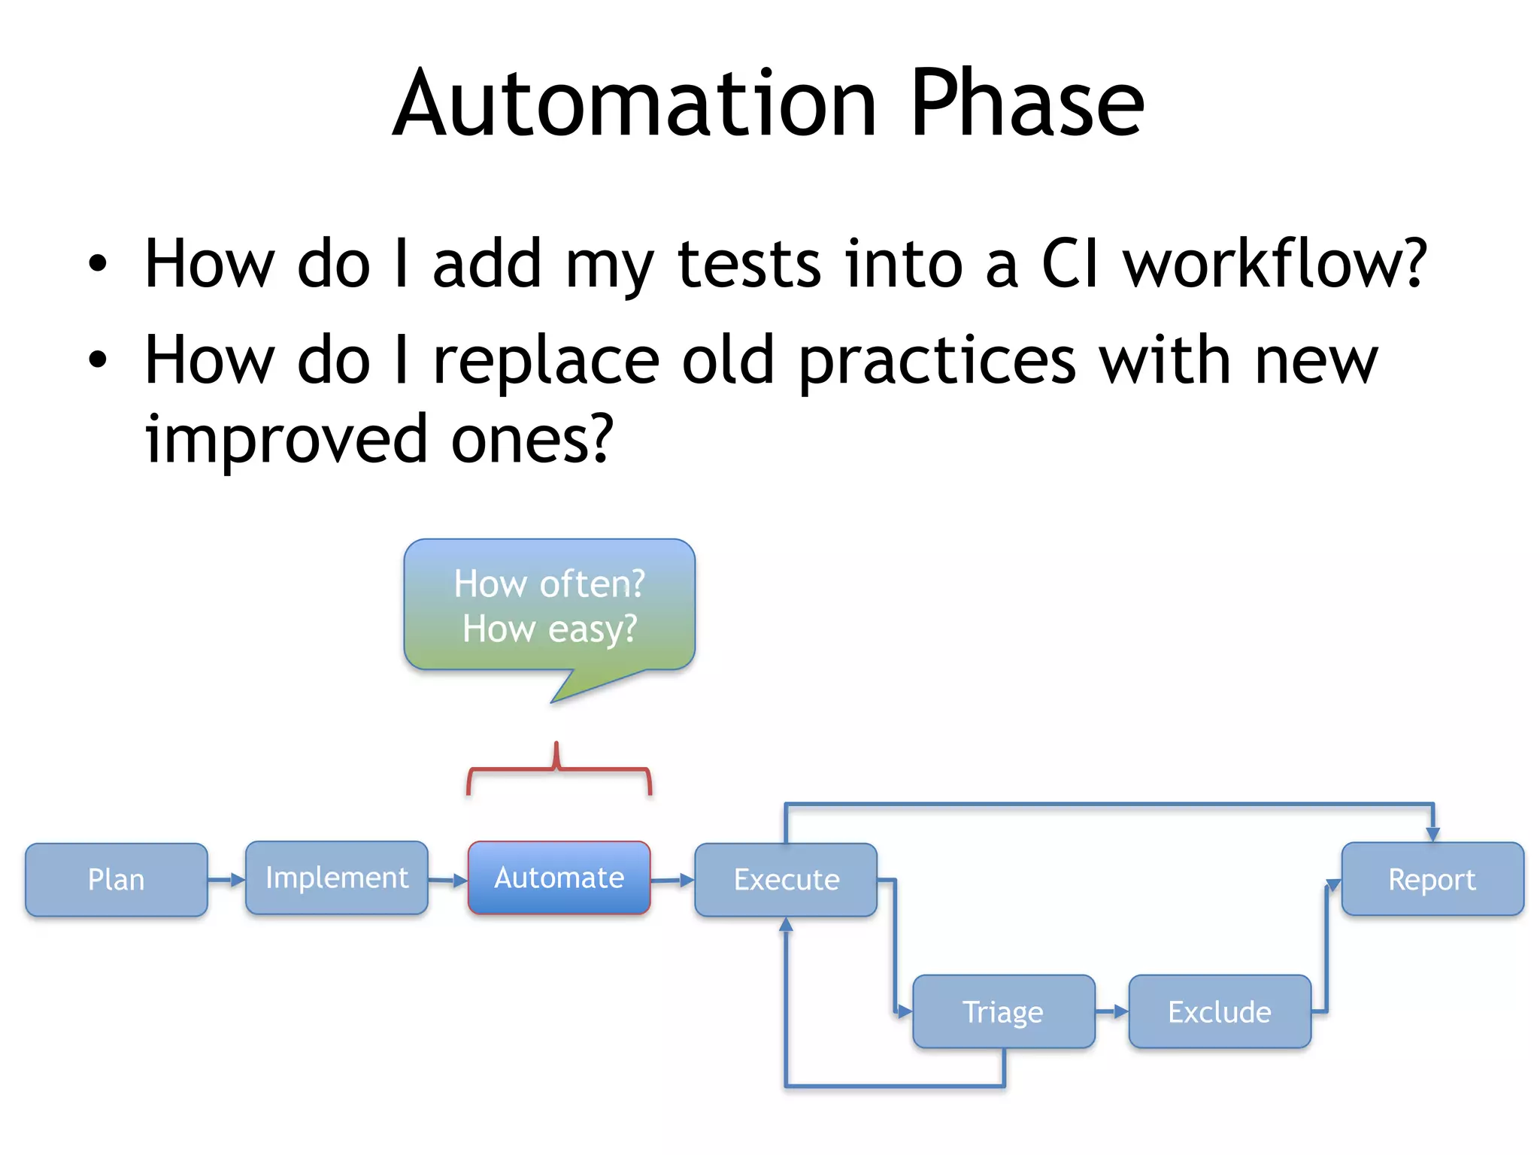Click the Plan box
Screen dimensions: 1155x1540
(x=116, y=879)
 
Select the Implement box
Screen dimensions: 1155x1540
(x=336, y=878)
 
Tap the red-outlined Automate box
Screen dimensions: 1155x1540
(x=559, y=878)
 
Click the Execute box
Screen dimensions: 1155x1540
(x=786, y=879)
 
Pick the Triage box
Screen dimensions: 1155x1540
(x=1003, y=1011)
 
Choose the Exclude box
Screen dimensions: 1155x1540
(x=1220, y=1011)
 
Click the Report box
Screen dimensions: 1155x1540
(x=1432, y=879)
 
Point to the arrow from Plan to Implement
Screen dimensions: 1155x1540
(x=226, y=879)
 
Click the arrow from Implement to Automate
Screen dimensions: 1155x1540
(x=448, y=880)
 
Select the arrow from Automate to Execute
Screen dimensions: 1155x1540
(x=672, y=879)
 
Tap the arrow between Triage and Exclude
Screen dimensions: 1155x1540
(x=1111, y=1011)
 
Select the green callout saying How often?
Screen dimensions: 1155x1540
(x=550, y=605)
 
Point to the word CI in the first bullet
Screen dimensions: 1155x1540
(x=1070, y=263)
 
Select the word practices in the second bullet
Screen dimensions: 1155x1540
(x=937, y=361)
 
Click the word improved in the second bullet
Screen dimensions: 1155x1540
(x=287, y=441)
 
